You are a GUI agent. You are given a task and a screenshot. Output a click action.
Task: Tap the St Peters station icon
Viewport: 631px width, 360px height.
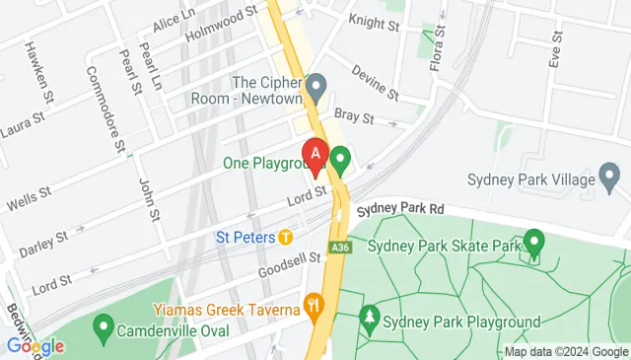coord(285,237)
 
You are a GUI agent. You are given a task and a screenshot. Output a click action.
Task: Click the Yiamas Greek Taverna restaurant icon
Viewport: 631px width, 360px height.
coord(315,304)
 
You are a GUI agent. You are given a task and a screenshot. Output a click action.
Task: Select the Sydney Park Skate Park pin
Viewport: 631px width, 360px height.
coord(534,241)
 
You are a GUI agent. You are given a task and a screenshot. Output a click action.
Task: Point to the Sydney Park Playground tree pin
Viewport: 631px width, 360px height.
coord(370,318)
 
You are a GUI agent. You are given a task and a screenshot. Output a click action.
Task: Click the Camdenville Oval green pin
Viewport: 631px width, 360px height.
coord(102,326)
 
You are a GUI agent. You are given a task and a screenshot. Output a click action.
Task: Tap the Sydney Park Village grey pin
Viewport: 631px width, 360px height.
coord(610,180)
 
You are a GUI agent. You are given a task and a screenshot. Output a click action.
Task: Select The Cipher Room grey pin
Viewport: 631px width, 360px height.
coord(315,86)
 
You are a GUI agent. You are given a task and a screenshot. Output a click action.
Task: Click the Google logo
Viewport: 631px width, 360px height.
coord(35,346)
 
